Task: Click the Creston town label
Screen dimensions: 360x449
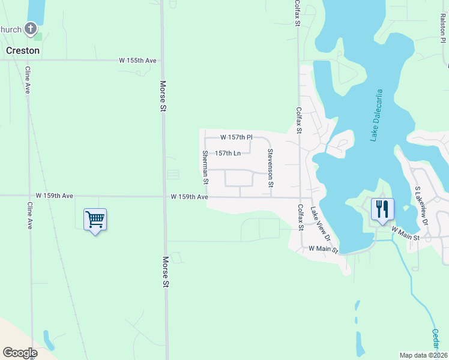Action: pos(23,50)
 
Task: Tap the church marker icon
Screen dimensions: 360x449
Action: pos(31,28)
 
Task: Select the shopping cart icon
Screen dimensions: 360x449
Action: pos(95,220)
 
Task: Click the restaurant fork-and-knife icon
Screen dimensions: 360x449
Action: pos(382,209)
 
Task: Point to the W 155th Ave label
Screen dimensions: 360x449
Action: pos(137,61)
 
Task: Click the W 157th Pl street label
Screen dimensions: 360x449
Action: pos(236,137)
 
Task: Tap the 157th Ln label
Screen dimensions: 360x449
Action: pos(228,153)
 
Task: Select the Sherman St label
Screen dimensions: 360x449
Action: pos(205,167)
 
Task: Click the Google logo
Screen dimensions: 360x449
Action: pos(20,353)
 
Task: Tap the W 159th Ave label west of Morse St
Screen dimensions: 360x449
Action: pos(54,196)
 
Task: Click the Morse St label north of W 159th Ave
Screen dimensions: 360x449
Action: pos(163,96)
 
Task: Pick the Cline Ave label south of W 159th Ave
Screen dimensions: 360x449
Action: pos(29,215)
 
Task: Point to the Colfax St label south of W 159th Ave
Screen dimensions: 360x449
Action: pos(300,217)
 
